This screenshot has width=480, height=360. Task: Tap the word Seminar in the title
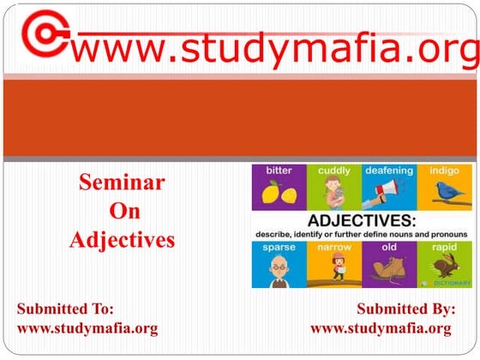122,182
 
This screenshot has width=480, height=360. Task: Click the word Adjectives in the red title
122,239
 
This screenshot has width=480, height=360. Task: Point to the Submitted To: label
65,309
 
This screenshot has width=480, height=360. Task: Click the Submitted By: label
405,309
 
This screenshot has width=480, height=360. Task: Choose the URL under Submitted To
87,328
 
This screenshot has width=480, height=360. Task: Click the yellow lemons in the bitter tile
278,194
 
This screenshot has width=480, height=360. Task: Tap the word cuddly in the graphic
333,171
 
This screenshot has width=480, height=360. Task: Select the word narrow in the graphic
334,248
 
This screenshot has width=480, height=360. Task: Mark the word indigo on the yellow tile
444,171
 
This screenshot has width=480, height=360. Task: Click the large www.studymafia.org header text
274,50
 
